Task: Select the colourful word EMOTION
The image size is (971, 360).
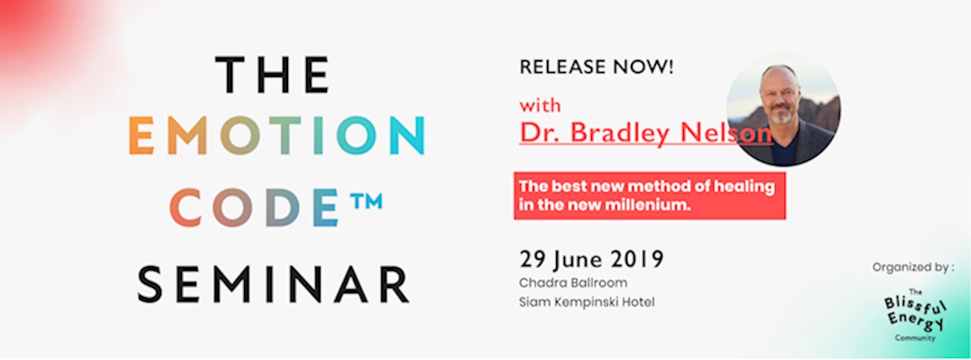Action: pyautogui.click(x=276, y=136)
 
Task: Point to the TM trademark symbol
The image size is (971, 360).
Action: pyautogui.click(x=365, y=201)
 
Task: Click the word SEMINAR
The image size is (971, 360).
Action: pyautogui.click(x=273, y=284)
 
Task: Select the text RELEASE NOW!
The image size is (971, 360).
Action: pyautogui.click(x=596, y=67)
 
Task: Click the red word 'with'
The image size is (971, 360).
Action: pyautogui.click(x=541, y=105)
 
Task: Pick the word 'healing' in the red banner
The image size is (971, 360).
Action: pyautogui.click(x=744, y=186)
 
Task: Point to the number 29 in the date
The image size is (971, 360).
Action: pyautogui.click(x=531, y=260)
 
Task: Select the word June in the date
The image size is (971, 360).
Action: pyautogui.click(x=575, y=260)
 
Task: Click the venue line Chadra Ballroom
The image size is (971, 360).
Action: pyautogui.click(x=573, y=284)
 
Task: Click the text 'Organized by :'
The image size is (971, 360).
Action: pyautogui.click(x=913, y=267)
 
